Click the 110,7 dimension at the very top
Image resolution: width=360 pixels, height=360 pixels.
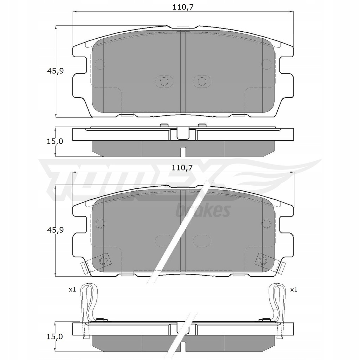pyautogui.click(x=182, y=6)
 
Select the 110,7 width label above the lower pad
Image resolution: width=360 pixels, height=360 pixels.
pyautogui.click(x=182, y=168)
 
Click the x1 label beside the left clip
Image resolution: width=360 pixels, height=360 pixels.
pyautogui.click(x=72, y=290)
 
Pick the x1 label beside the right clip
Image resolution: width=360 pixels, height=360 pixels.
pyautogui.click(x=294, y=290)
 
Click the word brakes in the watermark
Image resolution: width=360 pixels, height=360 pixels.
pyautogui.click(x=202, y=210)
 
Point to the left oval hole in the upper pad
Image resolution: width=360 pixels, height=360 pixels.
pyautogui.click(x=164, y=82)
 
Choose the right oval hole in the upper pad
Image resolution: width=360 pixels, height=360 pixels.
pyautogui.click(x=201, y=82)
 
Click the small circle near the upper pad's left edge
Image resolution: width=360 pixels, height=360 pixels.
pyautogui.click(x=100, y=64)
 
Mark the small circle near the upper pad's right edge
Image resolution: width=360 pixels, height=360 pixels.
pyautogui.click(x=266, y=64)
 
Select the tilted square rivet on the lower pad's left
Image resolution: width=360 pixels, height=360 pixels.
pyautogui.click(x=103, y=260)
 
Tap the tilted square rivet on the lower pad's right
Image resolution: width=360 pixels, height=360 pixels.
pyautogui.click(x=263, y=260)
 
